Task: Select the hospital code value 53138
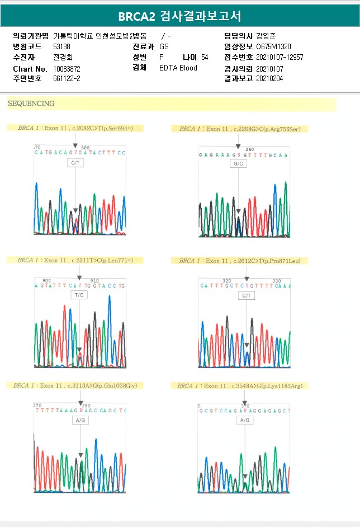pos(61,46)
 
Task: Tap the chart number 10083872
pos(67,68)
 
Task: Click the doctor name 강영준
pos(266,36)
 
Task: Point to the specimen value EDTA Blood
pos(178,68)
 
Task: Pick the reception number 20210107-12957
pos(280,57)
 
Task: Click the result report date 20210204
pos(269,78)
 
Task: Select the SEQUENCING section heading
pos(31,104)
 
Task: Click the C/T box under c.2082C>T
pos(75,162)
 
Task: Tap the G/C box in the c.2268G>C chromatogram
pos(239,164)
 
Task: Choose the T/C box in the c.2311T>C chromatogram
pos(80,295)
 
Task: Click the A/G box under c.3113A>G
pos(80,420)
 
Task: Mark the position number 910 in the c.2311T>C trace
pos(95,281)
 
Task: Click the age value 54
pos(205,57)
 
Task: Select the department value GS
pos(164,46)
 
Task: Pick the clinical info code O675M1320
pos(273,46)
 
